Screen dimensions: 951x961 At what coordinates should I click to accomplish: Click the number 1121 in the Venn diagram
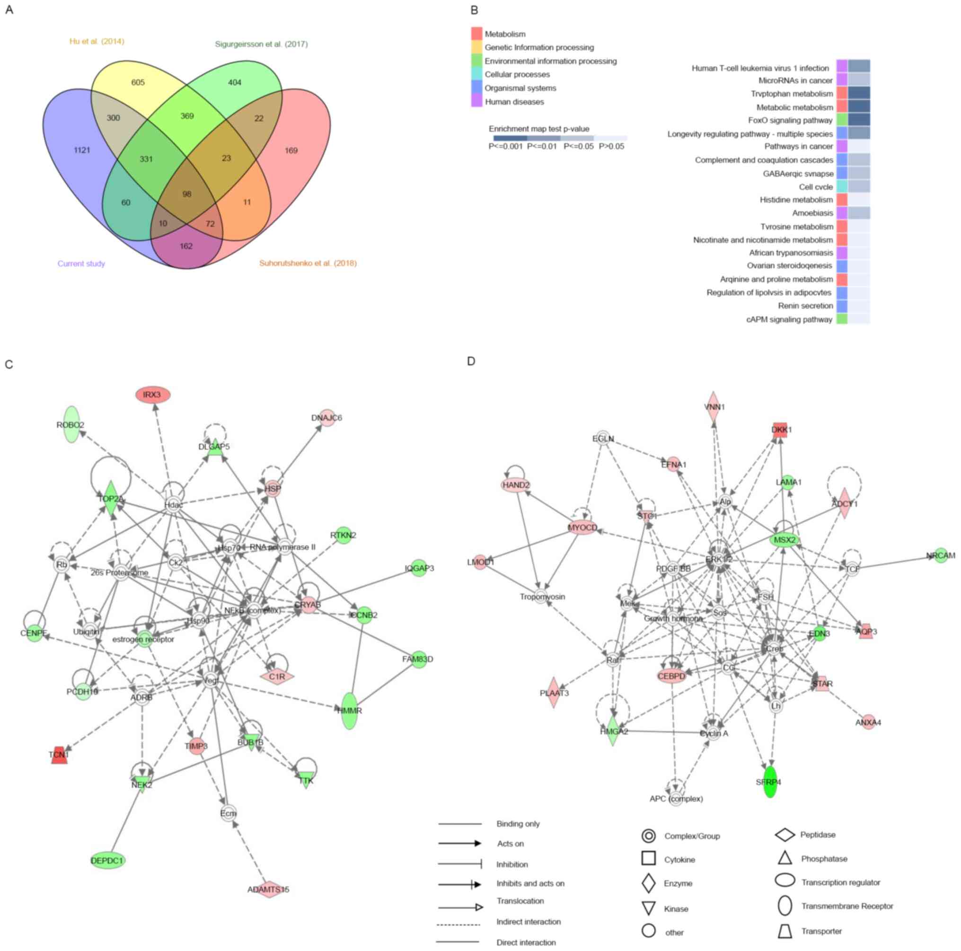pyautogui.click(x=82, y=150)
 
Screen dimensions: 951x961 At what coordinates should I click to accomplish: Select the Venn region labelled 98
pyautogui.click(x=186, y=194)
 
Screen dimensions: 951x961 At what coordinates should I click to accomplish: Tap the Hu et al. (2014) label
pyautogui.click(x=97, y=41)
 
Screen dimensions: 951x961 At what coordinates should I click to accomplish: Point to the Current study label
pyautogui.click(x=81, y=264)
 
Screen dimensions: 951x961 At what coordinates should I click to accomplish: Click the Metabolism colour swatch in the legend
pyautogui.click(x=476, y=34)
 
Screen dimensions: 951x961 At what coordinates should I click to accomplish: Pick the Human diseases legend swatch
pyautogui.click(x=476, y=101)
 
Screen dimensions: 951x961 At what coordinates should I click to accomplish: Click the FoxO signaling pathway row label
pyautogui.click(x=790, y=120)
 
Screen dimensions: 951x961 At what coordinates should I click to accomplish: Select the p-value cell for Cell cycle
pyautogui.click(x=858, y=186)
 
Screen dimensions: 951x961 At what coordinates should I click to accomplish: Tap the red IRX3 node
pyautogui.click(x=153, y=395)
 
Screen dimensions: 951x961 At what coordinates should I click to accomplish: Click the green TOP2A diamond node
pyautogui.click(x=110, y=498)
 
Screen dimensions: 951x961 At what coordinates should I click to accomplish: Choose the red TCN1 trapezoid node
pyautogui.click(x=59, y=755)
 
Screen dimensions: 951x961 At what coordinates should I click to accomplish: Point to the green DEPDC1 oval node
pyautogui.click(x=107, y=861)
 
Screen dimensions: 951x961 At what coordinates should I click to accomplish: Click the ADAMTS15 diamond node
pyautogui.click(x=269, y=889)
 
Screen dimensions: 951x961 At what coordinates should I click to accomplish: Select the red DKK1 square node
pyautogui.click(x=779, y=430)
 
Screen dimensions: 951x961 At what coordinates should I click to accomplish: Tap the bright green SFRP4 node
pyautogui.click(x=769, y=782)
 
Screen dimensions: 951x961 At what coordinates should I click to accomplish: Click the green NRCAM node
pyautogui.click(x=941, y=555)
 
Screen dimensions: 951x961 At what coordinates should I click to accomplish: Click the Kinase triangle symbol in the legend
pyautogui.click(x=648, y=909)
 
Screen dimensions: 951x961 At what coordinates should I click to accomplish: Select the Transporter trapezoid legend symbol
pyautogui.click(x=785, y=931)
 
